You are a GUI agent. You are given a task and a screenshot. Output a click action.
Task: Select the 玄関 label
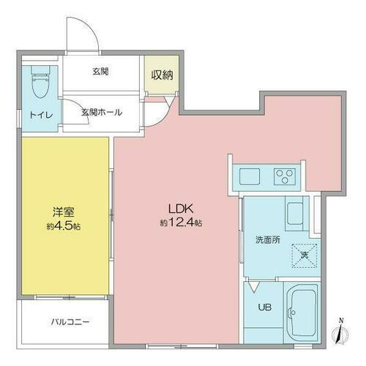[x=101, y=71]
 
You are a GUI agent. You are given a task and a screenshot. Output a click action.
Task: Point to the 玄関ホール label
[x=101, y=112]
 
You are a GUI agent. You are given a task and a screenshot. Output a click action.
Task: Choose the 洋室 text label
[x=62, y=212]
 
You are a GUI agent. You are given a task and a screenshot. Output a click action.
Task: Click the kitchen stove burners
[x=283, y=176]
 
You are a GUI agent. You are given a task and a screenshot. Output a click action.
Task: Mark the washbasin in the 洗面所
[x=298, y=213]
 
